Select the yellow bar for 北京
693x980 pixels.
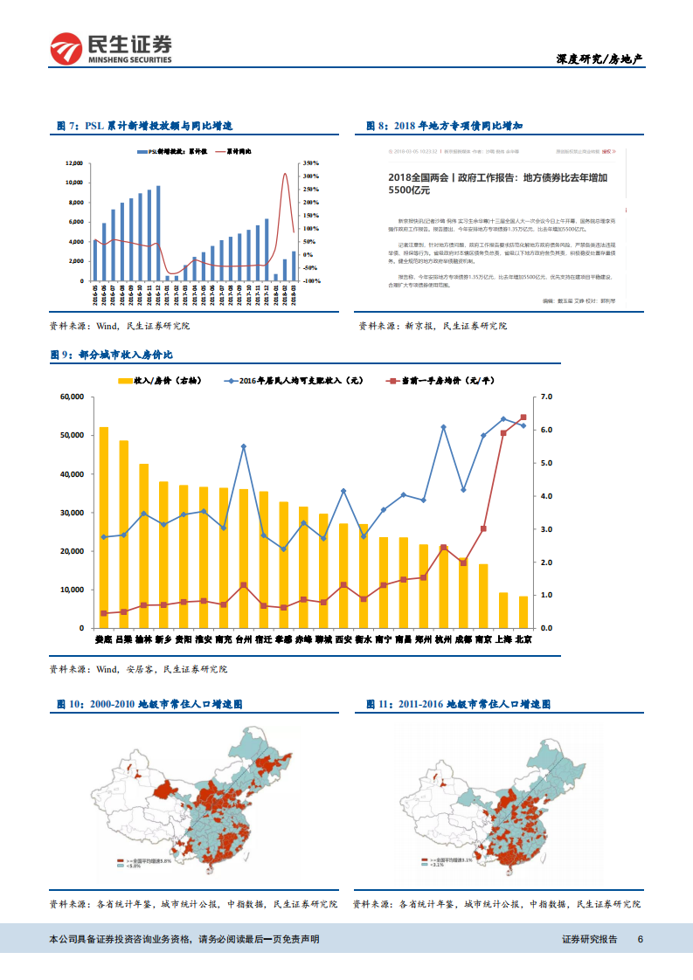click(523, 611)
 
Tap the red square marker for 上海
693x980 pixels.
click(503, 432)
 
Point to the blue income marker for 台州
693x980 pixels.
click(243, 446)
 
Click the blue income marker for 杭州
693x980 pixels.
click(443, 427)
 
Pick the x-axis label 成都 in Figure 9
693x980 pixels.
click(463, 639)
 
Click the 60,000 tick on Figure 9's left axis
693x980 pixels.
click(70, 397)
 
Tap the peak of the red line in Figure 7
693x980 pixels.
click(285, 174)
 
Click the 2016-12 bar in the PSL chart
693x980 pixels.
click(158, 232)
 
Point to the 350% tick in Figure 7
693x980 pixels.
click(310, 162)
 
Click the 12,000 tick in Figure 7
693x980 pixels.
click(74, 163)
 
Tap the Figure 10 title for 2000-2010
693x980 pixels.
click(149, 703)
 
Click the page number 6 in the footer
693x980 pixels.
click(641, 939)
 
